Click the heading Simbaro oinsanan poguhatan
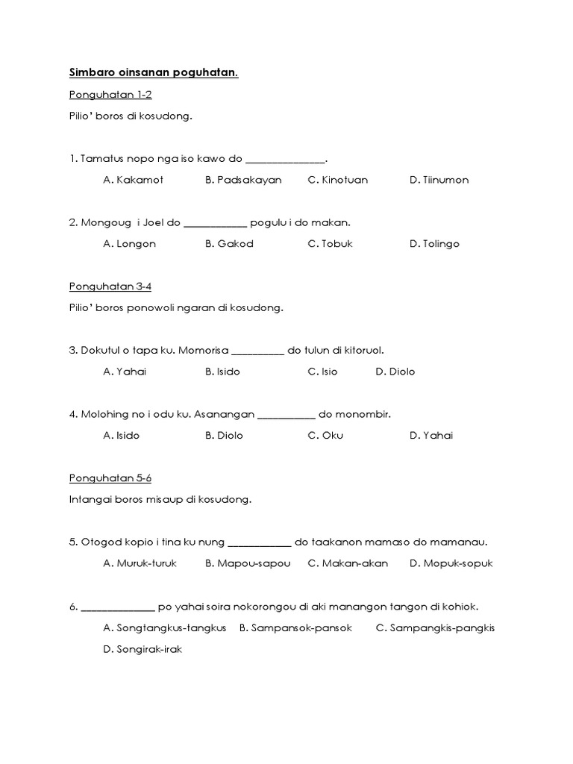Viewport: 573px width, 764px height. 154,72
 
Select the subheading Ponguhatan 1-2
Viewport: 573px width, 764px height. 110,95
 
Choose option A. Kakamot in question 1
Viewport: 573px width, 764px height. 133,180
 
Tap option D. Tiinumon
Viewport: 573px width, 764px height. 439,180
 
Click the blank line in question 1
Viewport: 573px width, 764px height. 286,160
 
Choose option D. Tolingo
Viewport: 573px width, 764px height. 434,244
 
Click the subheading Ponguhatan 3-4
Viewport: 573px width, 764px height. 110,286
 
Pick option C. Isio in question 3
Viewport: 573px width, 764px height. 322,372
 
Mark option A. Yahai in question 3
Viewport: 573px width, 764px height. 125,372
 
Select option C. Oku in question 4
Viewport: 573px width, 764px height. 325,436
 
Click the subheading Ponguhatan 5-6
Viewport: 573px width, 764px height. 110,477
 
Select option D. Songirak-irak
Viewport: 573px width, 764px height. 143,649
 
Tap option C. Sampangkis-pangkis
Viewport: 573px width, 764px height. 435,627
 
